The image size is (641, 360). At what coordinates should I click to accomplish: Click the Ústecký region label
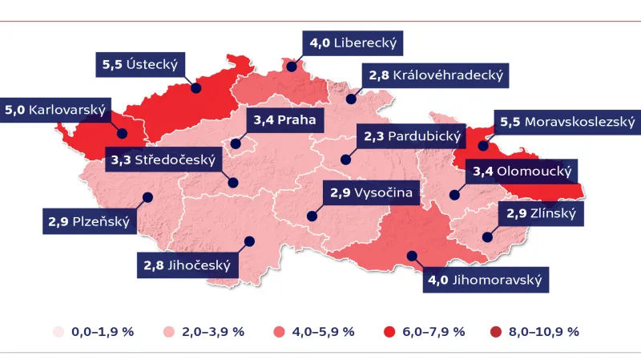point(139,65)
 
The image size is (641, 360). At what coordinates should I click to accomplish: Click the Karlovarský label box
point(55,110)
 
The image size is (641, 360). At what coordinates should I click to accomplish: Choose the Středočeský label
point(163,160)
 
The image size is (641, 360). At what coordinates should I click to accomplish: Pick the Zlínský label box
point(541,213)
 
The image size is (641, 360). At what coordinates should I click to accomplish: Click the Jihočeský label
point(187,265)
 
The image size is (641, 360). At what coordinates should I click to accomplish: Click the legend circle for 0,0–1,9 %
point(58,331)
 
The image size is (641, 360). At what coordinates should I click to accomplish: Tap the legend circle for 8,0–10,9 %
point(494,331)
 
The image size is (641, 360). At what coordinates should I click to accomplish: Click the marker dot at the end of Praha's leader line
point(236,145)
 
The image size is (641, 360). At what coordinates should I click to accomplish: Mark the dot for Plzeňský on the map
point(147,197)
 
